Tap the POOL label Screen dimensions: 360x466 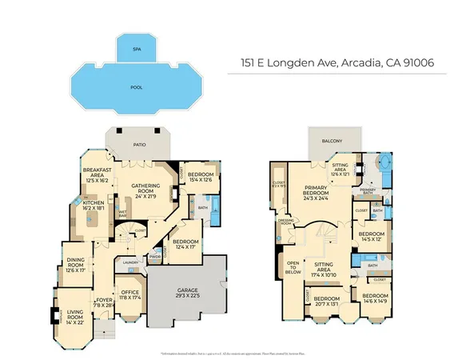tap(136, 86)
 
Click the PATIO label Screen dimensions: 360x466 tap(141, 146)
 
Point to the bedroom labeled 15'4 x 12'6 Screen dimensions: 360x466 tap(200, 177)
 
